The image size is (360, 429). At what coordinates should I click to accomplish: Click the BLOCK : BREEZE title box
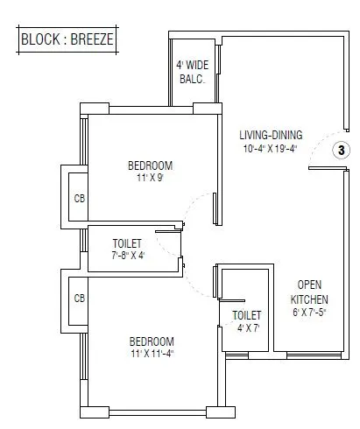click(67, 39)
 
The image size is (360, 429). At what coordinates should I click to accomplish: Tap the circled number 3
click(341, 151)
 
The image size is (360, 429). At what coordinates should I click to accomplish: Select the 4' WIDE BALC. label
click(191, 71)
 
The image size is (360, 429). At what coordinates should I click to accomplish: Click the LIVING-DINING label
click(271, 135)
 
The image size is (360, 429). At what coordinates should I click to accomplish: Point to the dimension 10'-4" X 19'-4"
click(271, 148)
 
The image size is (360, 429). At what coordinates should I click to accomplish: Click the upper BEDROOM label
click(150, 165)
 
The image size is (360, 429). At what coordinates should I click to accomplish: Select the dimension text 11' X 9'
click(150, 179)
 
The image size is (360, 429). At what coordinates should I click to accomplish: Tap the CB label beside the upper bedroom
click(80, 198)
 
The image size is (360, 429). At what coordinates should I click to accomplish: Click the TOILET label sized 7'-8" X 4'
click(129, 243)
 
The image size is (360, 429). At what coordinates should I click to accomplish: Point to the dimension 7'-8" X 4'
click(129, 256)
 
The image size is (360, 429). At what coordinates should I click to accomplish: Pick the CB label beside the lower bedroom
click(80, 299)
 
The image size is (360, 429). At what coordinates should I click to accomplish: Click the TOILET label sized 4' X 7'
click(247, 314)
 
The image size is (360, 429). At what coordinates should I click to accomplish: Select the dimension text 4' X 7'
click(247, 327)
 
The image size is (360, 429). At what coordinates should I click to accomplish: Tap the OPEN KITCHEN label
click(312, 292)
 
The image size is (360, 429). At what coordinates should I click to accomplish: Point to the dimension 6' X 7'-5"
click(312, 312)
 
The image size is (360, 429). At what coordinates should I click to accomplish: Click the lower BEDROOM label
click(150, 341)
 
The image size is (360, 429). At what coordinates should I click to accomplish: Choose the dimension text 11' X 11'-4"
click(150, 355)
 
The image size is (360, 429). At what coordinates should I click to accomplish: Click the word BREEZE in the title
click(90, 39)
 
